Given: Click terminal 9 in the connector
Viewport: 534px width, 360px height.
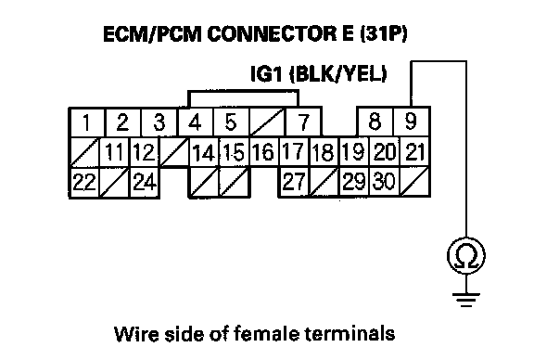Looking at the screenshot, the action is pyautogui.click(x=412, y=122).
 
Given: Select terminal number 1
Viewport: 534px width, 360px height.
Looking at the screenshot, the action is pyautogui.click(x=87, y=122).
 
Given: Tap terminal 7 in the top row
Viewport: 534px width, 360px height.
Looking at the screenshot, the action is pyautogui.click(x=303, y=122).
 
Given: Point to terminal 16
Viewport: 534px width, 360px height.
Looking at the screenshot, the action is pyautogui.click(x=264, y=152).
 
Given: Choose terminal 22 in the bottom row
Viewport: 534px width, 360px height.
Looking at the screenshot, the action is pyautogui.click(x=84, y=182).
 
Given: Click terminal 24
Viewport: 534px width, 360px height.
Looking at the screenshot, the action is pyautogui.click(x=145, y=182).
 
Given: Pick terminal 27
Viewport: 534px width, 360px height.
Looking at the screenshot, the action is pyautogui.click(x=294, y=181).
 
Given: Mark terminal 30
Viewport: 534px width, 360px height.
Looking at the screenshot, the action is pyautogui.click(x=385, y=181).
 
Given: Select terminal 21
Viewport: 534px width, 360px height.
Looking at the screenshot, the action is pyautogui.click(x=414, y=152).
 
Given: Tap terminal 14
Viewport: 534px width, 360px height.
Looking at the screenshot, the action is pyautogui.click(x=204, y=152).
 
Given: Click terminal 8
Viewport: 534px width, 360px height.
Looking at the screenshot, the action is pyautogui.click(x=375, y=122).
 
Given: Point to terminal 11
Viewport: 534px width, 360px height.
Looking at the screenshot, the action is pyautogui.click(x=114, y=152).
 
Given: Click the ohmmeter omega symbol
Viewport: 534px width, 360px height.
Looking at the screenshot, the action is pyautogui.click(x=466, y=256).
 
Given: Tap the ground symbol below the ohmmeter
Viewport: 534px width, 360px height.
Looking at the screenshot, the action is pyautogui.click(x=466, y=300).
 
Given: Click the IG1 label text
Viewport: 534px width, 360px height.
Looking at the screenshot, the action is pyautogui.click(x=266, y=73).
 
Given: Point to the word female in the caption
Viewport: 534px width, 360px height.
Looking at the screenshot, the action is pyautogui.click(x=266, y=334).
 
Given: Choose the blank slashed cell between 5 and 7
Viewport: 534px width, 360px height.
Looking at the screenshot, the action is pyautogui.click(x=267, y=122).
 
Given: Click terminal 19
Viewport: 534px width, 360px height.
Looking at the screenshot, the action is pyautogui.click(x=354, y=152).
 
